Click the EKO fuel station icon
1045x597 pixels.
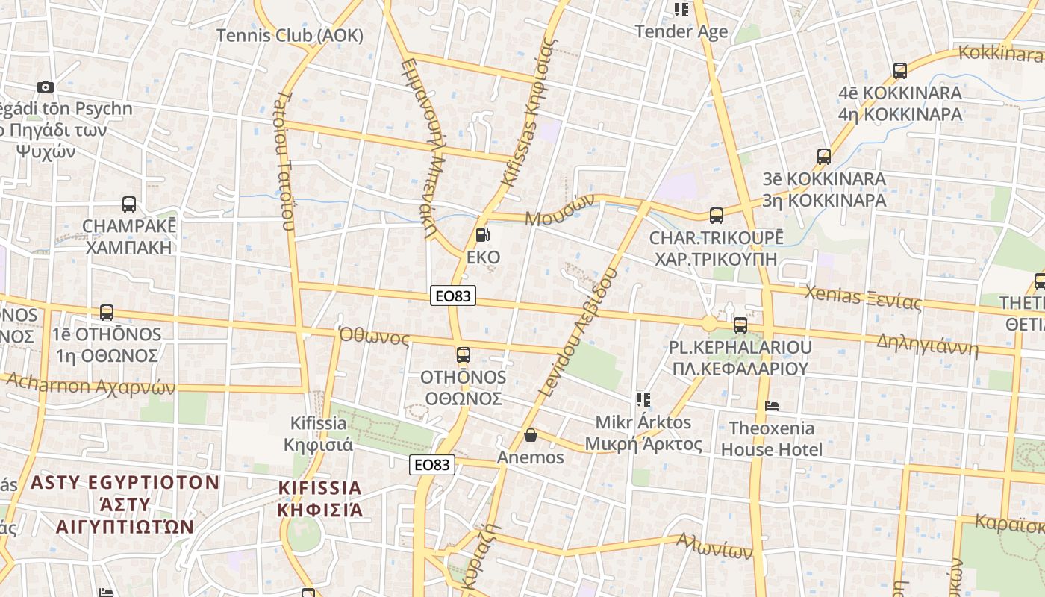482,236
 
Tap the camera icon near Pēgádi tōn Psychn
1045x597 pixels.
46,87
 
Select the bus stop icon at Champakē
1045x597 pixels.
129,204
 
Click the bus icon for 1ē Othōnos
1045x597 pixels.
107,313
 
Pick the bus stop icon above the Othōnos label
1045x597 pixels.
464,355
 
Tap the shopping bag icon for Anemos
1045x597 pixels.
531,435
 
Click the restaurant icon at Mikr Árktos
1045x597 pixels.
643,400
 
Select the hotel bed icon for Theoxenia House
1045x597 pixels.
773,407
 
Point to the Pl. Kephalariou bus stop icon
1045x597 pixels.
740,325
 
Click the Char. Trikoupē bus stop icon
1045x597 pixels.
717,216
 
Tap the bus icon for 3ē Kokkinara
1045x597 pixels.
824,157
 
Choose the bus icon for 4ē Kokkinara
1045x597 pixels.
900,72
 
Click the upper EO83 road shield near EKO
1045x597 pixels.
453,296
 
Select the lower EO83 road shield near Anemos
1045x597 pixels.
432,465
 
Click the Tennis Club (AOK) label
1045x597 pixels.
290,35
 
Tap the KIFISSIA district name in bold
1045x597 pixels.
319,498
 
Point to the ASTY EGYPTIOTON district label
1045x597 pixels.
125,504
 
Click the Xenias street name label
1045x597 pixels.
862,298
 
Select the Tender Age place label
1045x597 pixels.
681,32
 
